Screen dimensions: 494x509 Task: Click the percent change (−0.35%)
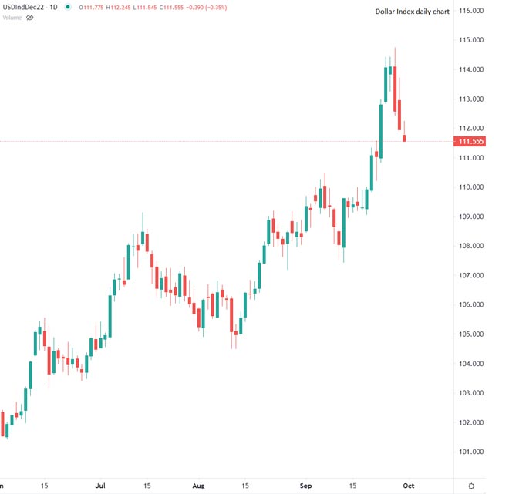coord(220,7)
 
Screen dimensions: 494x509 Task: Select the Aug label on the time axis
coord(198,486)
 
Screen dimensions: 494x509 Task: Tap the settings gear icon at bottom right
coord(471,486)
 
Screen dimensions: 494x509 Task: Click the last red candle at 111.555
coord(406,138)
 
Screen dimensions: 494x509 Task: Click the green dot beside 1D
coord(69,7)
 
